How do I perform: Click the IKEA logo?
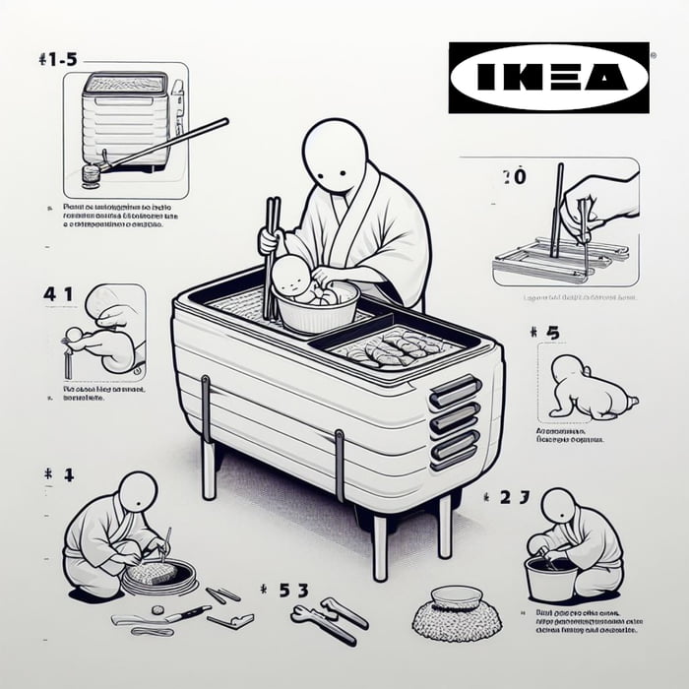[549, 77]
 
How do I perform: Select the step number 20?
[513, 177]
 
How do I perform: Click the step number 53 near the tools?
[284, 592]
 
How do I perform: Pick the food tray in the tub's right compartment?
[394, 345]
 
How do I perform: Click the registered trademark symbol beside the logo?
[654, 58]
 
